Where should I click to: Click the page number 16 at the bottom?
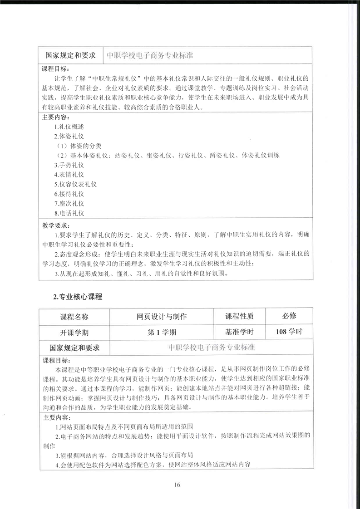pos(177,485)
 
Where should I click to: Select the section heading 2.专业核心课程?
pos(78,297)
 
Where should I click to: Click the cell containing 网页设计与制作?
pos(162,316)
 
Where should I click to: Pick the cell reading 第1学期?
pos(162,332)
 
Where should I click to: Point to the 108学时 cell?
pos(289,332)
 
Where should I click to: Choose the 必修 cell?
pos(289,316)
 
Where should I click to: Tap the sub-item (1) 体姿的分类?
pos(78,146)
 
